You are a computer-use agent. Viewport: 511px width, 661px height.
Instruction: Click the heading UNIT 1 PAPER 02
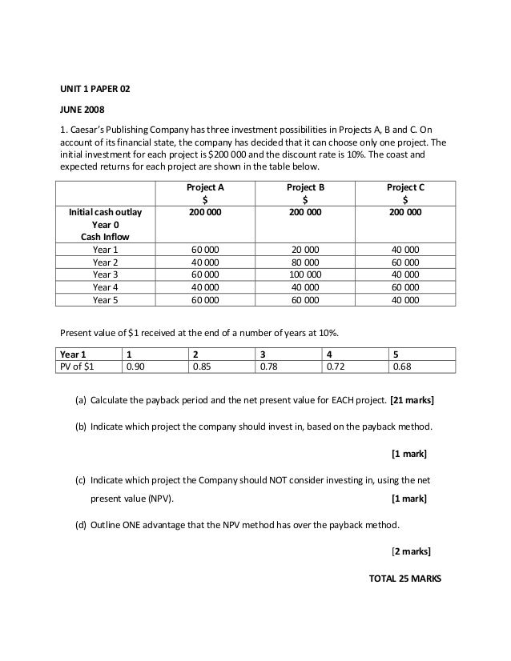tap(95, 88)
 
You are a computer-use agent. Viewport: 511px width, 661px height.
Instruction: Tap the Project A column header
tap(205, 187)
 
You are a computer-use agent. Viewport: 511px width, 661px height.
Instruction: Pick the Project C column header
tap(405, 187)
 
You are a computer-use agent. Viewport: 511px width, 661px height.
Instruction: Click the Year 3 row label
tap(105, 274)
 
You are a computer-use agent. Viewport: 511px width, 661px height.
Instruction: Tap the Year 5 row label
tap(105, 300)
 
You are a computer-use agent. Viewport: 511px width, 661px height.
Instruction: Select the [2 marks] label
tap(409, 551)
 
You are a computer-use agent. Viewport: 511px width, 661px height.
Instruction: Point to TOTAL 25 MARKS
tap(397, 578)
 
